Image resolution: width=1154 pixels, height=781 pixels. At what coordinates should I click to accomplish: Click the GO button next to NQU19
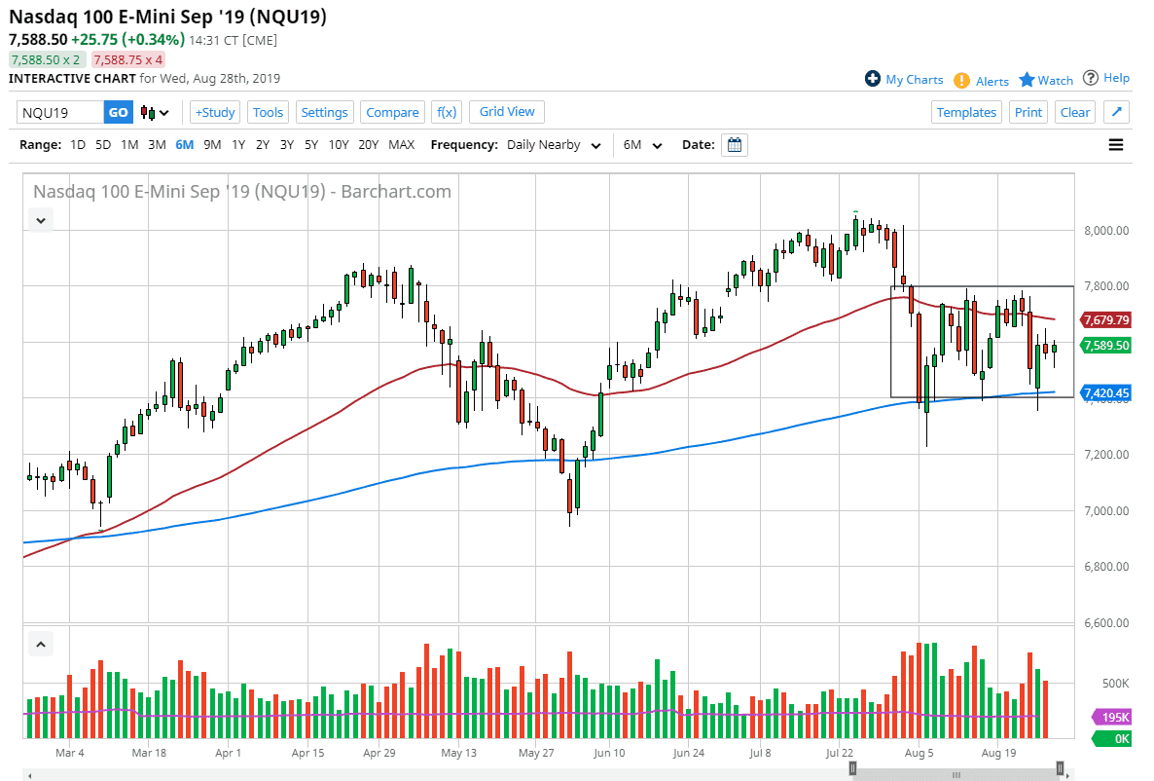118,112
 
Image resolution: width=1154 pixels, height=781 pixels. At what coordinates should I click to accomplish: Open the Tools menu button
268,112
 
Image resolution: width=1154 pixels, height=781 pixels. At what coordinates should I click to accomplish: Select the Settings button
324,112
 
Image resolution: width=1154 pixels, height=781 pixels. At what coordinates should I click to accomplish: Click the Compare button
392,112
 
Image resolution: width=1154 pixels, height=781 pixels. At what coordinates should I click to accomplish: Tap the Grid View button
507,111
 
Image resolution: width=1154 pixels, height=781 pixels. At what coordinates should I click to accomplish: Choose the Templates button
966,112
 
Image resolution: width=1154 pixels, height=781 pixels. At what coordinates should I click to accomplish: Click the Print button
1028,112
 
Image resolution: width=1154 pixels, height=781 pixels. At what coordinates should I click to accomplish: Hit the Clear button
1075,112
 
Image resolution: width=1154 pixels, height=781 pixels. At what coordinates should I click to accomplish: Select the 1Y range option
238,145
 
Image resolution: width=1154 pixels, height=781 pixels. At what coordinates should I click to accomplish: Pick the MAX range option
401,145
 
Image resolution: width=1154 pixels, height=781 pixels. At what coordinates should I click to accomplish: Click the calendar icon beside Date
736,145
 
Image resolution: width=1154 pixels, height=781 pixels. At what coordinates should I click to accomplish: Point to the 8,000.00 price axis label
1107,231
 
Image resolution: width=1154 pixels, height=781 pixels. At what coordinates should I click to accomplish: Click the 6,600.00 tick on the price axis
1107,622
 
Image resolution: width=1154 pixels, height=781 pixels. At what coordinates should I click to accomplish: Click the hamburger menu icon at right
1116,145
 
